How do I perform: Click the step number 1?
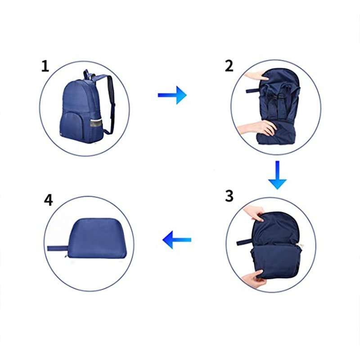(45, 66)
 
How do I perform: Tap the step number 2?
(229, 66)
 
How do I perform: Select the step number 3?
(229, 196)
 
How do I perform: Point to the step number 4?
(48, 200)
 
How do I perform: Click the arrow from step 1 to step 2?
(172, 95)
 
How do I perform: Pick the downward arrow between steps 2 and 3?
(277, 175)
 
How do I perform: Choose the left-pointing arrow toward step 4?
(177, 240)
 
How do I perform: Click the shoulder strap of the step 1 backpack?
(111, 103)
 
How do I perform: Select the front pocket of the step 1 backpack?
(71, 126)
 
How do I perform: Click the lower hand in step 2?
(257, 128)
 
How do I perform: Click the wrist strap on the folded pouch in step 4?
(57, 248)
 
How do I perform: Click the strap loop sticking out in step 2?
(253, 90)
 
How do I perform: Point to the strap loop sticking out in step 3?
(245, 242)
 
